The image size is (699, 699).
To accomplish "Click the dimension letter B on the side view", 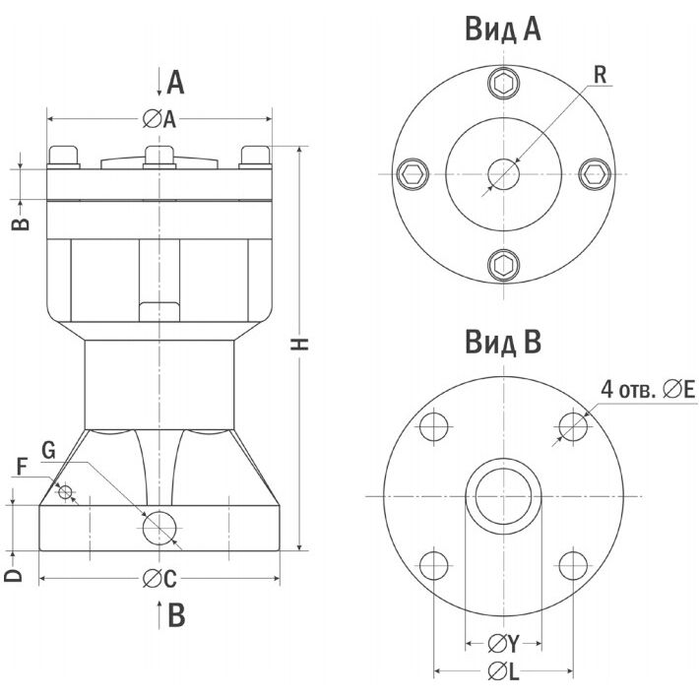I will (23, 222).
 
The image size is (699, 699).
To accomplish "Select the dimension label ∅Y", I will (503, 644).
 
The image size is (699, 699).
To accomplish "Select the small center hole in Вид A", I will (504, 174).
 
